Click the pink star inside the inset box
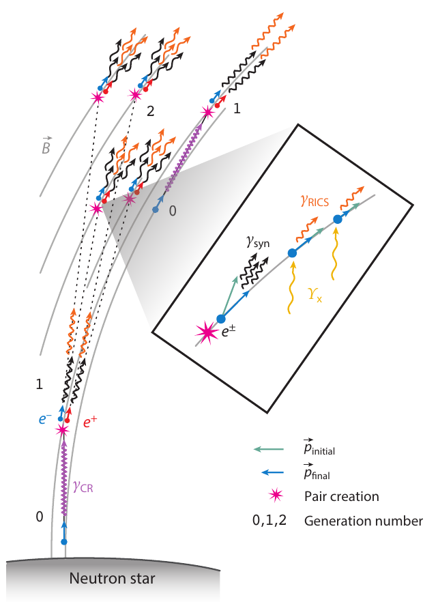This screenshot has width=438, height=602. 207,332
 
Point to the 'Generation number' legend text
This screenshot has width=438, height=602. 364,521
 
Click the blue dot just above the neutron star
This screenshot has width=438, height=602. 65,541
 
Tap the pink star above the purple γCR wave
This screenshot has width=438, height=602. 63,430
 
